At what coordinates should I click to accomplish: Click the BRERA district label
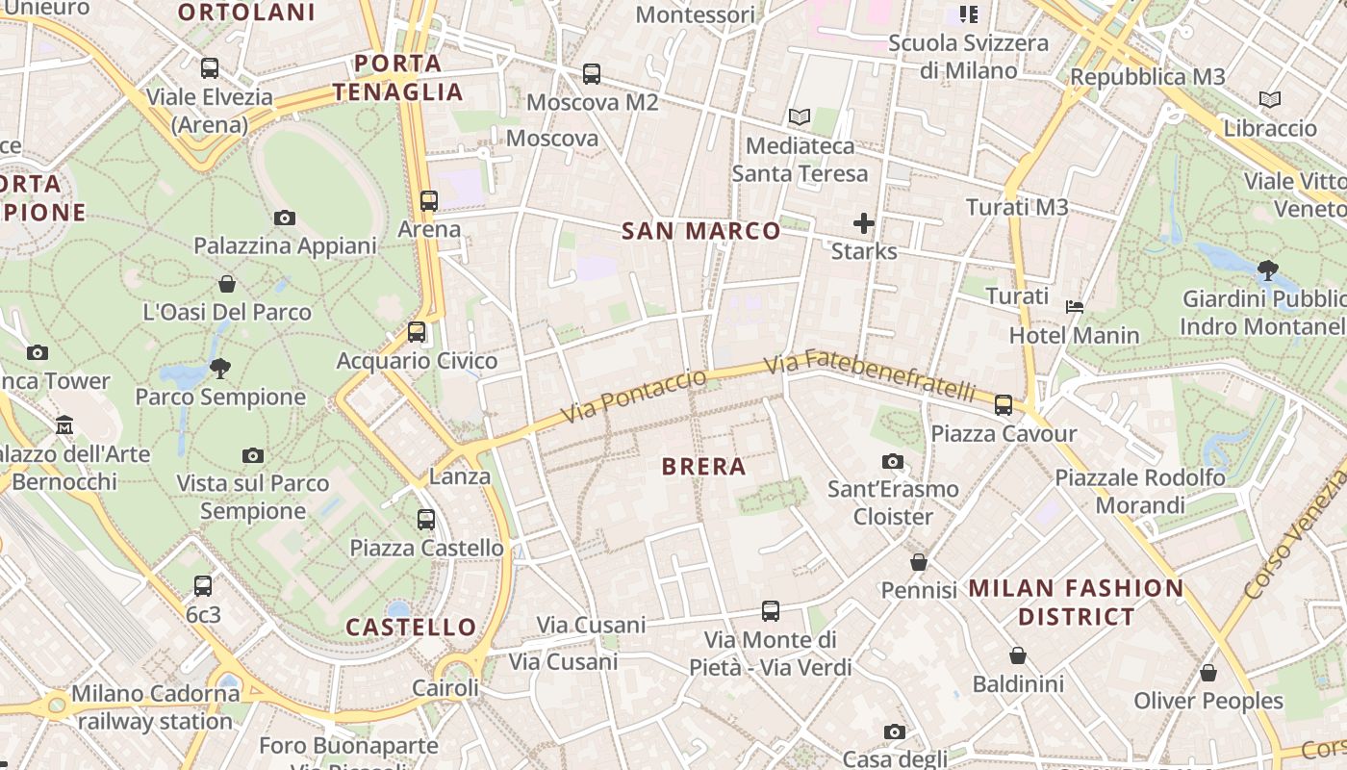tap(703, 467)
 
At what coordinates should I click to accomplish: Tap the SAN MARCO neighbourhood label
tap(700, 231)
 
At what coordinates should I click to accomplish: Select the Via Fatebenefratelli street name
tap(870, 375)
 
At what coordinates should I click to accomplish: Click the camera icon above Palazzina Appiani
tap(284, 218)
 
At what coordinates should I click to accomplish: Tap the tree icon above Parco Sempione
tap(220, 368)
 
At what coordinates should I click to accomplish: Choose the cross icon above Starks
tap(864, 224)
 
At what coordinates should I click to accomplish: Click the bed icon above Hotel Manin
tap(1075, 307)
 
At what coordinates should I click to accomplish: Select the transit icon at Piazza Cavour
tap(1004, 405)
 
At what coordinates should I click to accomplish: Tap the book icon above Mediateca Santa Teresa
tap(800, 117)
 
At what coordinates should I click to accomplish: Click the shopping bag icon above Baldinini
tap(1018, 656)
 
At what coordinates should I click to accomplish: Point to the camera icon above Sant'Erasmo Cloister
tap(893, 462)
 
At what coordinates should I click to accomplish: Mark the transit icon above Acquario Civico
tap(417, 332)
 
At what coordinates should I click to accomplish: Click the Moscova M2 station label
tap(592, 102)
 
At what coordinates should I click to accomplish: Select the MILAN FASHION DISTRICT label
tap(1076, 602)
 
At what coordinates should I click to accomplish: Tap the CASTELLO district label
tap(411, 628)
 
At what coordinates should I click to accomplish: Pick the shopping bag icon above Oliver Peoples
tap(1207, 673)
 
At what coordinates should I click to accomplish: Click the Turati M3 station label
tap(1017, 207)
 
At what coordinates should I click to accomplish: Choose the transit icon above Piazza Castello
tap(426, 520)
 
